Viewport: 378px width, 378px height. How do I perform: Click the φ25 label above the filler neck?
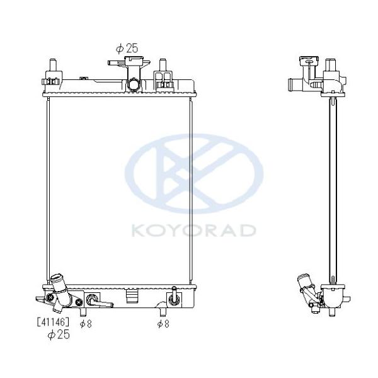click(127, 49)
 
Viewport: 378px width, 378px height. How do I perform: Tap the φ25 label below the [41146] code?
click(59, 335)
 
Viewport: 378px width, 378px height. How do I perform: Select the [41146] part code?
click(53, 322)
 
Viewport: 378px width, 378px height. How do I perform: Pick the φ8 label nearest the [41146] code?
click(86, 324)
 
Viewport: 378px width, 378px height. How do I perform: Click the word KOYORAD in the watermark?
click(193, 231)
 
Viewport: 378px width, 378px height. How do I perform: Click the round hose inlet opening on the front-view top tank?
click(134, 84)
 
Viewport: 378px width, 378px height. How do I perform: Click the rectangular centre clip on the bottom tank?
click(132, 295)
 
